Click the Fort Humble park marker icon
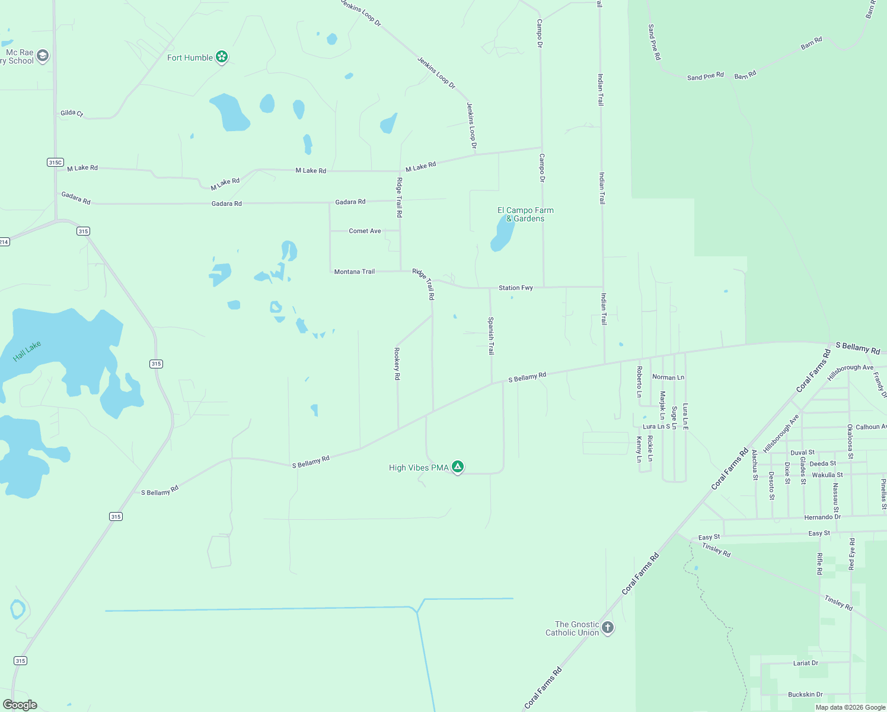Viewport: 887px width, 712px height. click(222, 57)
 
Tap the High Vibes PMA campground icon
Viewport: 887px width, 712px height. click(457, 467)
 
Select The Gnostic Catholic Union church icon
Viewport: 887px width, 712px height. click(607, 628)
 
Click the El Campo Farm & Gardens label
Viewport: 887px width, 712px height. click(525, 214)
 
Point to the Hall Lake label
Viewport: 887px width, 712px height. click(27, 351)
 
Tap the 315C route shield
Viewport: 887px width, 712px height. click(55, 162)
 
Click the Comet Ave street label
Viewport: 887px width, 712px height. click(365, 231)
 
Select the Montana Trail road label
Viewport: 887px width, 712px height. click(355, 272)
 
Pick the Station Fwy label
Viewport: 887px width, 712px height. click(515, 288)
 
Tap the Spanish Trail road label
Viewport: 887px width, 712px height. click(491, 336)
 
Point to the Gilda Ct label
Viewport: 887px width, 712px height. click(72, 113)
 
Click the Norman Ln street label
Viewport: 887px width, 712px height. click(668, 377)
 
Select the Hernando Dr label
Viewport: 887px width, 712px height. click(822, 517)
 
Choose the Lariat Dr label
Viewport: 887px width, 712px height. click(806, 663)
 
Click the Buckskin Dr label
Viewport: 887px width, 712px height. click(805, 694)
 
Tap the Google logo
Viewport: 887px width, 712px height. click(20, 705)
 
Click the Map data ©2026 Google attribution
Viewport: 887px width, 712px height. click(850, 707)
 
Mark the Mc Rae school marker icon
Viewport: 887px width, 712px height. click(42, 56)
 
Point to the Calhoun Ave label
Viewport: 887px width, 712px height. click(871, 427)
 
